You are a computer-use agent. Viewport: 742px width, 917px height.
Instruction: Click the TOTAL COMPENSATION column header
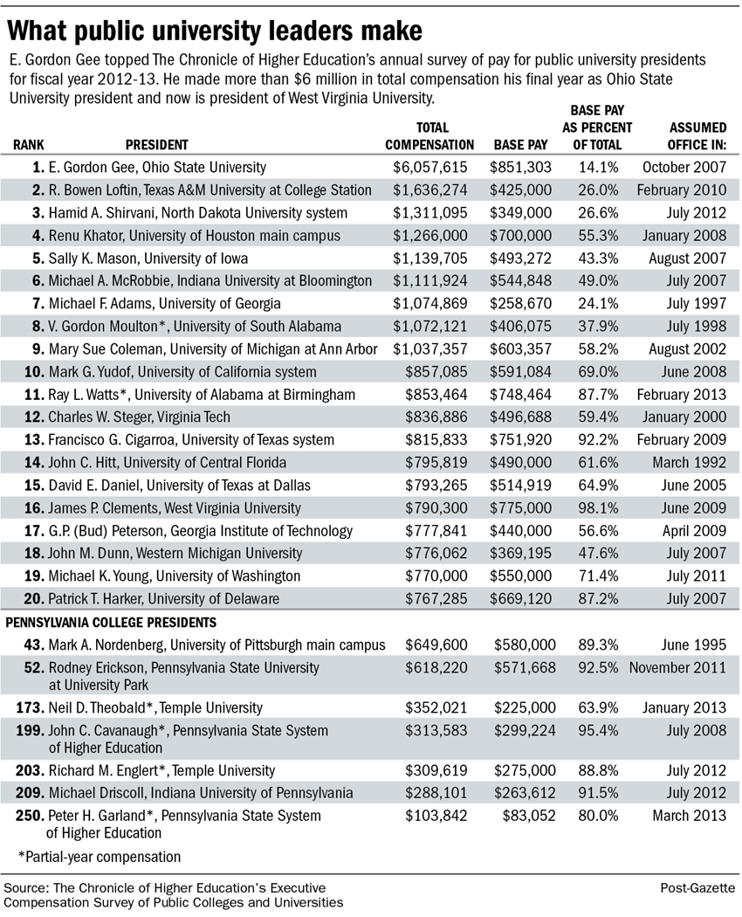429,136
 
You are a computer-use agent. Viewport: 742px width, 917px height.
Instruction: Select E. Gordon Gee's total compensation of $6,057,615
430,167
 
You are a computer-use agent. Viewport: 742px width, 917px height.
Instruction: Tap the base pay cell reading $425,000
522,190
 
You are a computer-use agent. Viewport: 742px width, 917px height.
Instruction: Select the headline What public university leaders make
216,31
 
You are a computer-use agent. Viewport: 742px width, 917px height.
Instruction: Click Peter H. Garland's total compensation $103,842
436,816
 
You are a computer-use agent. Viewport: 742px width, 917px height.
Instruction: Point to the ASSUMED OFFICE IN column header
695,136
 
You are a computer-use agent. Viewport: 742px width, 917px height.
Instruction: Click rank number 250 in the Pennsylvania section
25,816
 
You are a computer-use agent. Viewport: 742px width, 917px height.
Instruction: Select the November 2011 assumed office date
677,668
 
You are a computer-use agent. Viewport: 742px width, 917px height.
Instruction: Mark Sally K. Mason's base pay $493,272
522,258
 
